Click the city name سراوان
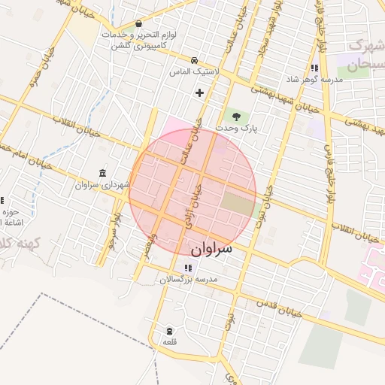tap(211, 247)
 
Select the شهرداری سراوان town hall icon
tap(102, 172)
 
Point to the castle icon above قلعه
tap(169, 331)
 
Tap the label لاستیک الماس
tap(194, 71)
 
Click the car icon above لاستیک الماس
tap(194, 60)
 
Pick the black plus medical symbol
tap(199, 93)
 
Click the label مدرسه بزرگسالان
tap(187, 279)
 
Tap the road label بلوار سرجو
tap(114, 232)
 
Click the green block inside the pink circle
tap(239, 202)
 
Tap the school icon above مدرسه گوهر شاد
tap(313, 68)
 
